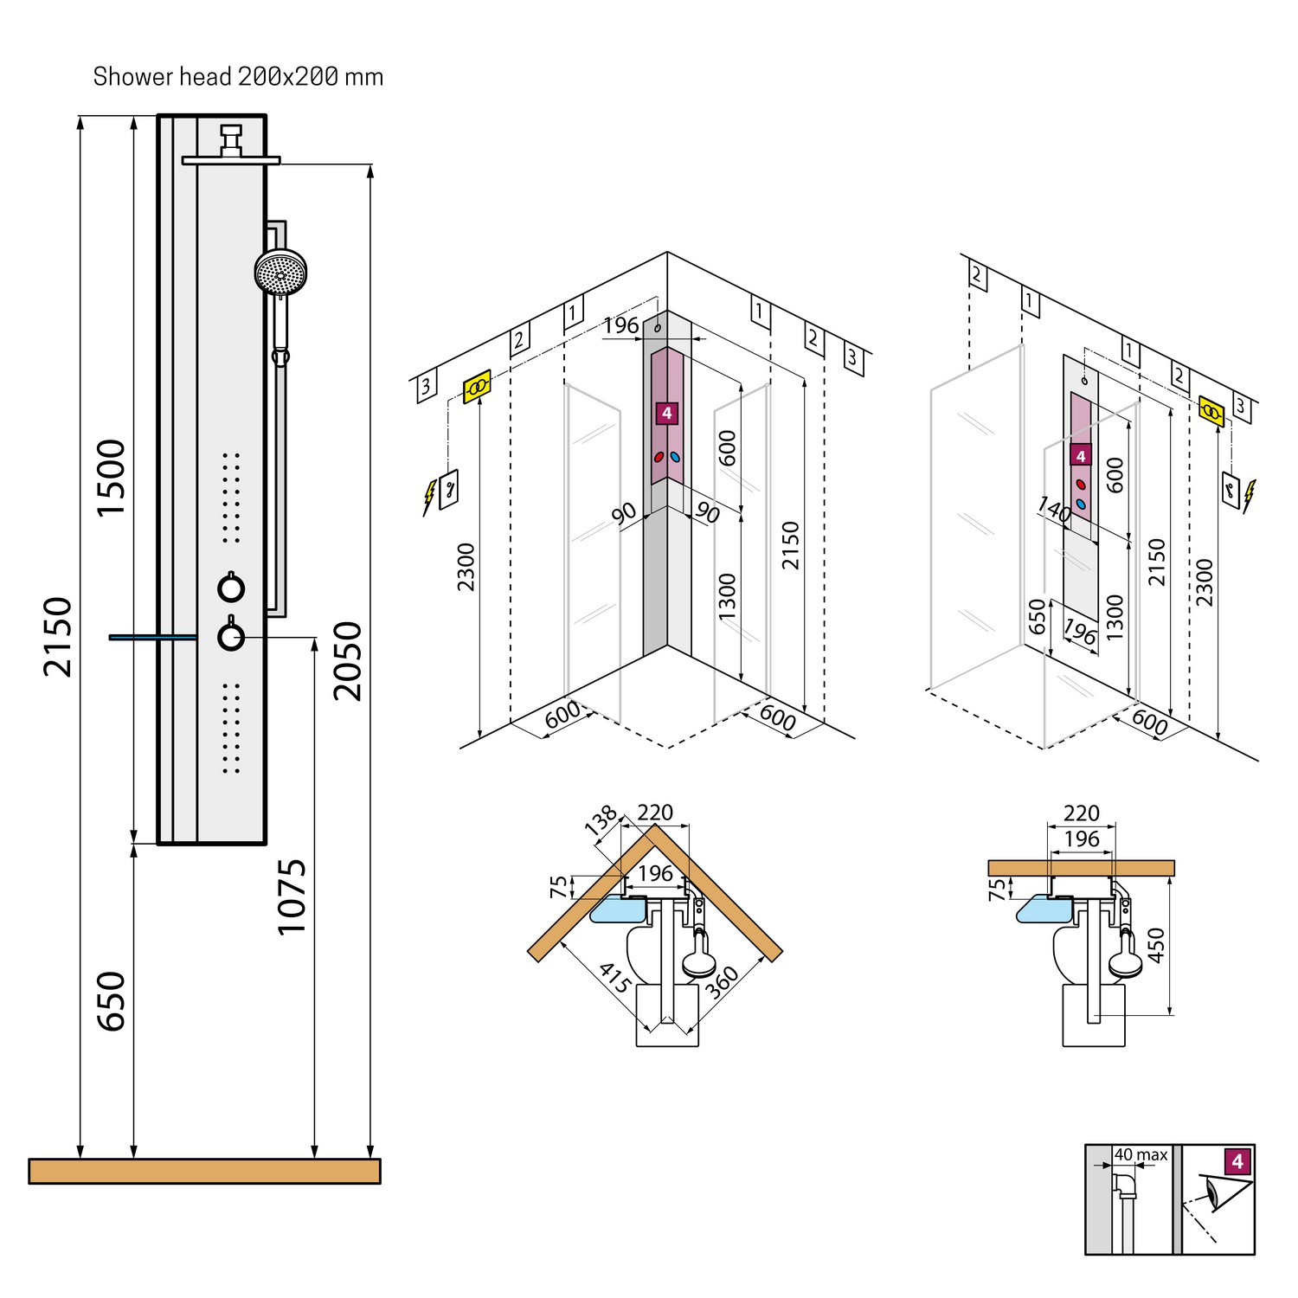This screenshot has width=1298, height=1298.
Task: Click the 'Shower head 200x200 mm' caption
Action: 238,77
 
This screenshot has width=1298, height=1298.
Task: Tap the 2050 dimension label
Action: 348,660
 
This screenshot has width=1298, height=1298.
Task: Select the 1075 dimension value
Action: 292,896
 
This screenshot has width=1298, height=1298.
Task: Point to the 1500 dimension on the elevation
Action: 112,478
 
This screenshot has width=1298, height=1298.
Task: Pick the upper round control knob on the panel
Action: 231,588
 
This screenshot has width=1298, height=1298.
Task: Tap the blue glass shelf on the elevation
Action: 152,638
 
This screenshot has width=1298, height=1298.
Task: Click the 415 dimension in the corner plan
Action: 615,978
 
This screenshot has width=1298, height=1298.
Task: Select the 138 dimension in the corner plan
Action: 601,819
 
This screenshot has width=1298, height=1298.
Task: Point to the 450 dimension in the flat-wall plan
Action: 1156,945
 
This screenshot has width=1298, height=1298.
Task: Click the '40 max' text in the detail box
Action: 1141,1155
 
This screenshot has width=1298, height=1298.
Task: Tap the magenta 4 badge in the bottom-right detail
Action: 1237,1161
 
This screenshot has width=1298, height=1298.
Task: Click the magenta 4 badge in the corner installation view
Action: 666,413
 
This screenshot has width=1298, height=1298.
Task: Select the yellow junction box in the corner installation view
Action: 477,386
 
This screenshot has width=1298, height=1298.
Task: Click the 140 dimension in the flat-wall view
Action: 1054,510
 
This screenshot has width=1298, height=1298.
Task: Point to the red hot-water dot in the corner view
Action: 659,457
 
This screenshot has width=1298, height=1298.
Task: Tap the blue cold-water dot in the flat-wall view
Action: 1081,504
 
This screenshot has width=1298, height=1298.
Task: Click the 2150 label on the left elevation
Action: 59,636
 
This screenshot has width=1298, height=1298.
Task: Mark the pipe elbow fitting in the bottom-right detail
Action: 1124,1183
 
